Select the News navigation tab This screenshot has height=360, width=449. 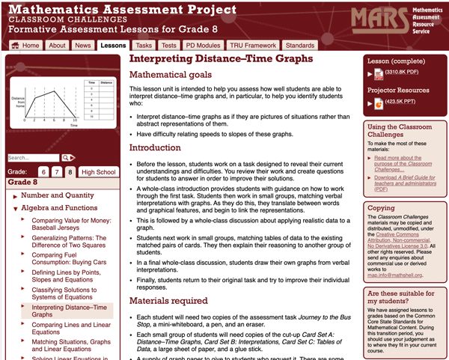[x=83, y=46]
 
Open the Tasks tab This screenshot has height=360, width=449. [x=144, y=46]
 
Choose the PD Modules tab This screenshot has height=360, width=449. [x=203, y=46]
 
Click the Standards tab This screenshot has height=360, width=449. [x=300, y=46]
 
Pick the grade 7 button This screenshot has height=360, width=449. [x=57, y=172]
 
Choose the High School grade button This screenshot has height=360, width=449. [x=99, y=172]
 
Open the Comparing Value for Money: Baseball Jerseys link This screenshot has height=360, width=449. [x=70, y=225]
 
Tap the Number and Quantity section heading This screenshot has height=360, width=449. [x=63, y=196]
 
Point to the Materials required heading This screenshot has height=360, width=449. [x=169, y=301]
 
